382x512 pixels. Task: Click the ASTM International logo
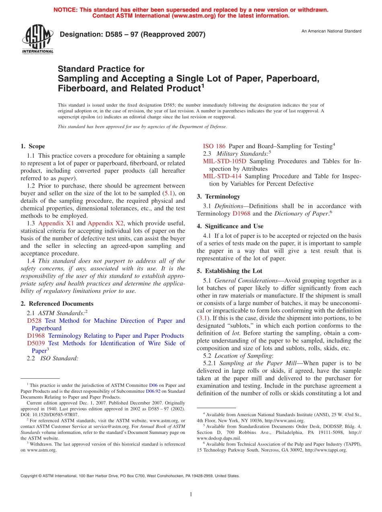(37, 39)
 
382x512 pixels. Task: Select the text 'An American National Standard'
(331, 31)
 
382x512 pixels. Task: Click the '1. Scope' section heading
(33, 147)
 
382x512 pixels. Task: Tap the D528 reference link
(34, 321)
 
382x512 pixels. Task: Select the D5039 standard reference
(36, 343)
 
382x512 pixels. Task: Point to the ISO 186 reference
(214, 147)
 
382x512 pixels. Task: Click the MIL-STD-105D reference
(224, 161)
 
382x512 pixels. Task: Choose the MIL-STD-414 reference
(222, 176)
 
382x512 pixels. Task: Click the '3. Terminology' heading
(218, 197)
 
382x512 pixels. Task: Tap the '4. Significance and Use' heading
(230, 226)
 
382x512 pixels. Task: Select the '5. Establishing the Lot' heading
(229, 271)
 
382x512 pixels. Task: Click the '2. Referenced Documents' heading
(57, 304)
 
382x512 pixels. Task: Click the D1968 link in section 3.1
(241, 214)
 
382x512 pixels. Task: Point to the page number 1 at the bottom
(191, 495)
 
